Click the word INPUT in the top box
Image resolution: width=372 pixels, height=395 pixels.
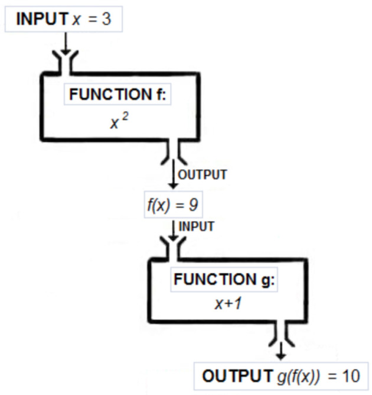pos(42,20)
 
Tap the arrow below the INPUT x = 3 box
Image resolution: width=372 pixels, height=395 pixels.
pos(65,42)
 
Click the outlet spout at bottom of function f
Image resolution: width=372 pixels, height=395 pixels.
pos(174,153)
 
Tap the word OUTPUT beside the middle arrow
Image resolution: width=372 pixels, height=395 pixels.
pos(203,174)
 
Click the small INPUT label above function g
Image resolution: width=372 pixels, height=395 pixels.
pos(197,226)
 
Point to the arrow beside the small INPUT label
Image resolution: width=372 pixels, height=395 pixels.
pos(174,229)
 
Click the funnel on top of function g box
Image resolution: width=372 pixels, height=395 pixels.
pos(174,248)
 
